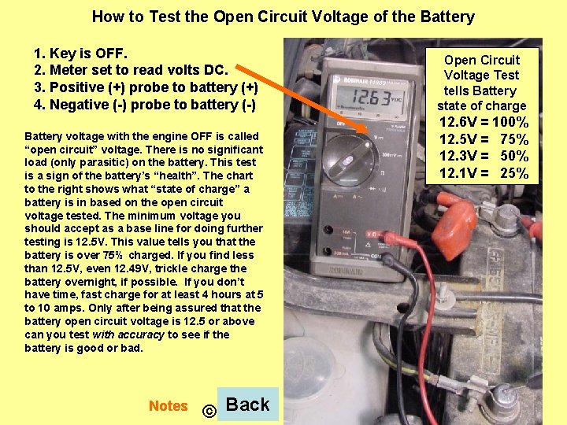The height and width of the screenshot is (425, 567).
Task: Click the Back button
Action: tap(247, 405)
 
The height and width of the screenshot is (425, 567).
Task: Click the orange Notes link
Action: tap(168, 406)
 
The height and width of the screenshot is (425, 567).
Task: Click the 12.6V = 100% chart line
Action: tap(484, 123)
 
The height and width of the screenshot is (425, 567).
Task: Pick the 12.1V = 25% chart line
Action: tap(484, 173)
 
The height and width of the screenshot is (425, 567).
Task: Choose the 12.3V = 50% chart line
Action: tap(484, 157)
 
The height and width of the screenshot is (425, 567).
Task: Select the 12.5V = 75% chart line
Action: tap(484, 139)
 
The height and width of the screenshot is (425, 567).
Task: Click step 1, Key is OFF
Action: tap(81, 54)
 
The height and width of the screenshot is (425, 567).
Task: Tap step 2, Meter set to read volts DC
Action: tap(131, 70)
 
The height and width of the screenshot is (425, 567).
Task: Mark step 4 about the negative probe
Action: tap(145, 105)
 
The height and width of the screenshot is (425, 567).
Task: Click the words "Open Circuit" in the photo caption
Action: tap(482, 60)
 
